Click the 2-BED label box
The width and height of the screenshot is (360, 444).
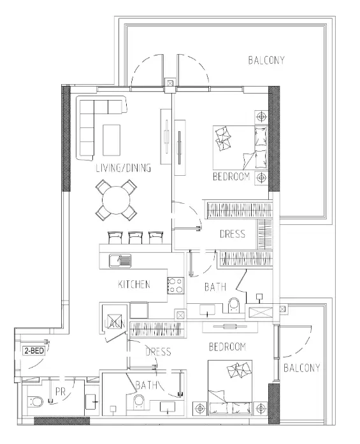pyautogui.click(x=34, y=350)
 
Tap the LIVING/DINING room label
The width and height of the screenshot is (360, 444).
pyautogui.click(x=123, y=169)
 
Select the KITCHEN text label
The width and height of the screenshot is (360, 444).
pyautogui.click(x=134, y=284)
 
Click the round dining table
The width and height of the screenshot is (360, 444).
pyautogui.click(x=117, y=199)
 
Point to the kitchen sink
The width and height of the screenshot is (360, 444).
pyautogui.click(x=120, y=260)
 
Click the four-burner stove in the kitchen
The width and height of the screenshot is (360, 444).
pyautogui.click(x=176, y=285)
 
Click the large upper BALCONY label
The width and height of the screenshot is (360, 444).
pyautogui.click(x=266, y=61)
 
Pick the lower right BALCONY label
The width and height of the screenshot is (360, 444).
pyautogui.click(x=300, y=368)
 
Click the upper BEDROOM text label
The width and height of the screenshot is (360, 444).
pyautogui.click(x=231, y=176)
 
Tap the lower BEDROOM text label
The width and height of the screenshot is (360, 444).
pyautogui.click(x=227, y=347)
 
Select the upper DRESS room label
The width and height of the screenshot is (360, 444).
pyautogui.click(x=232, y=234)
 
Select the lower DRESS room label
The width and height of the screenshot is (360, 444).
pyautogui.click(x=158, y=352)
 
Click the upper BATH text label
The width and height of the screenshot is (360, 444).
pyautogui.click(x=215, y=287)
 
